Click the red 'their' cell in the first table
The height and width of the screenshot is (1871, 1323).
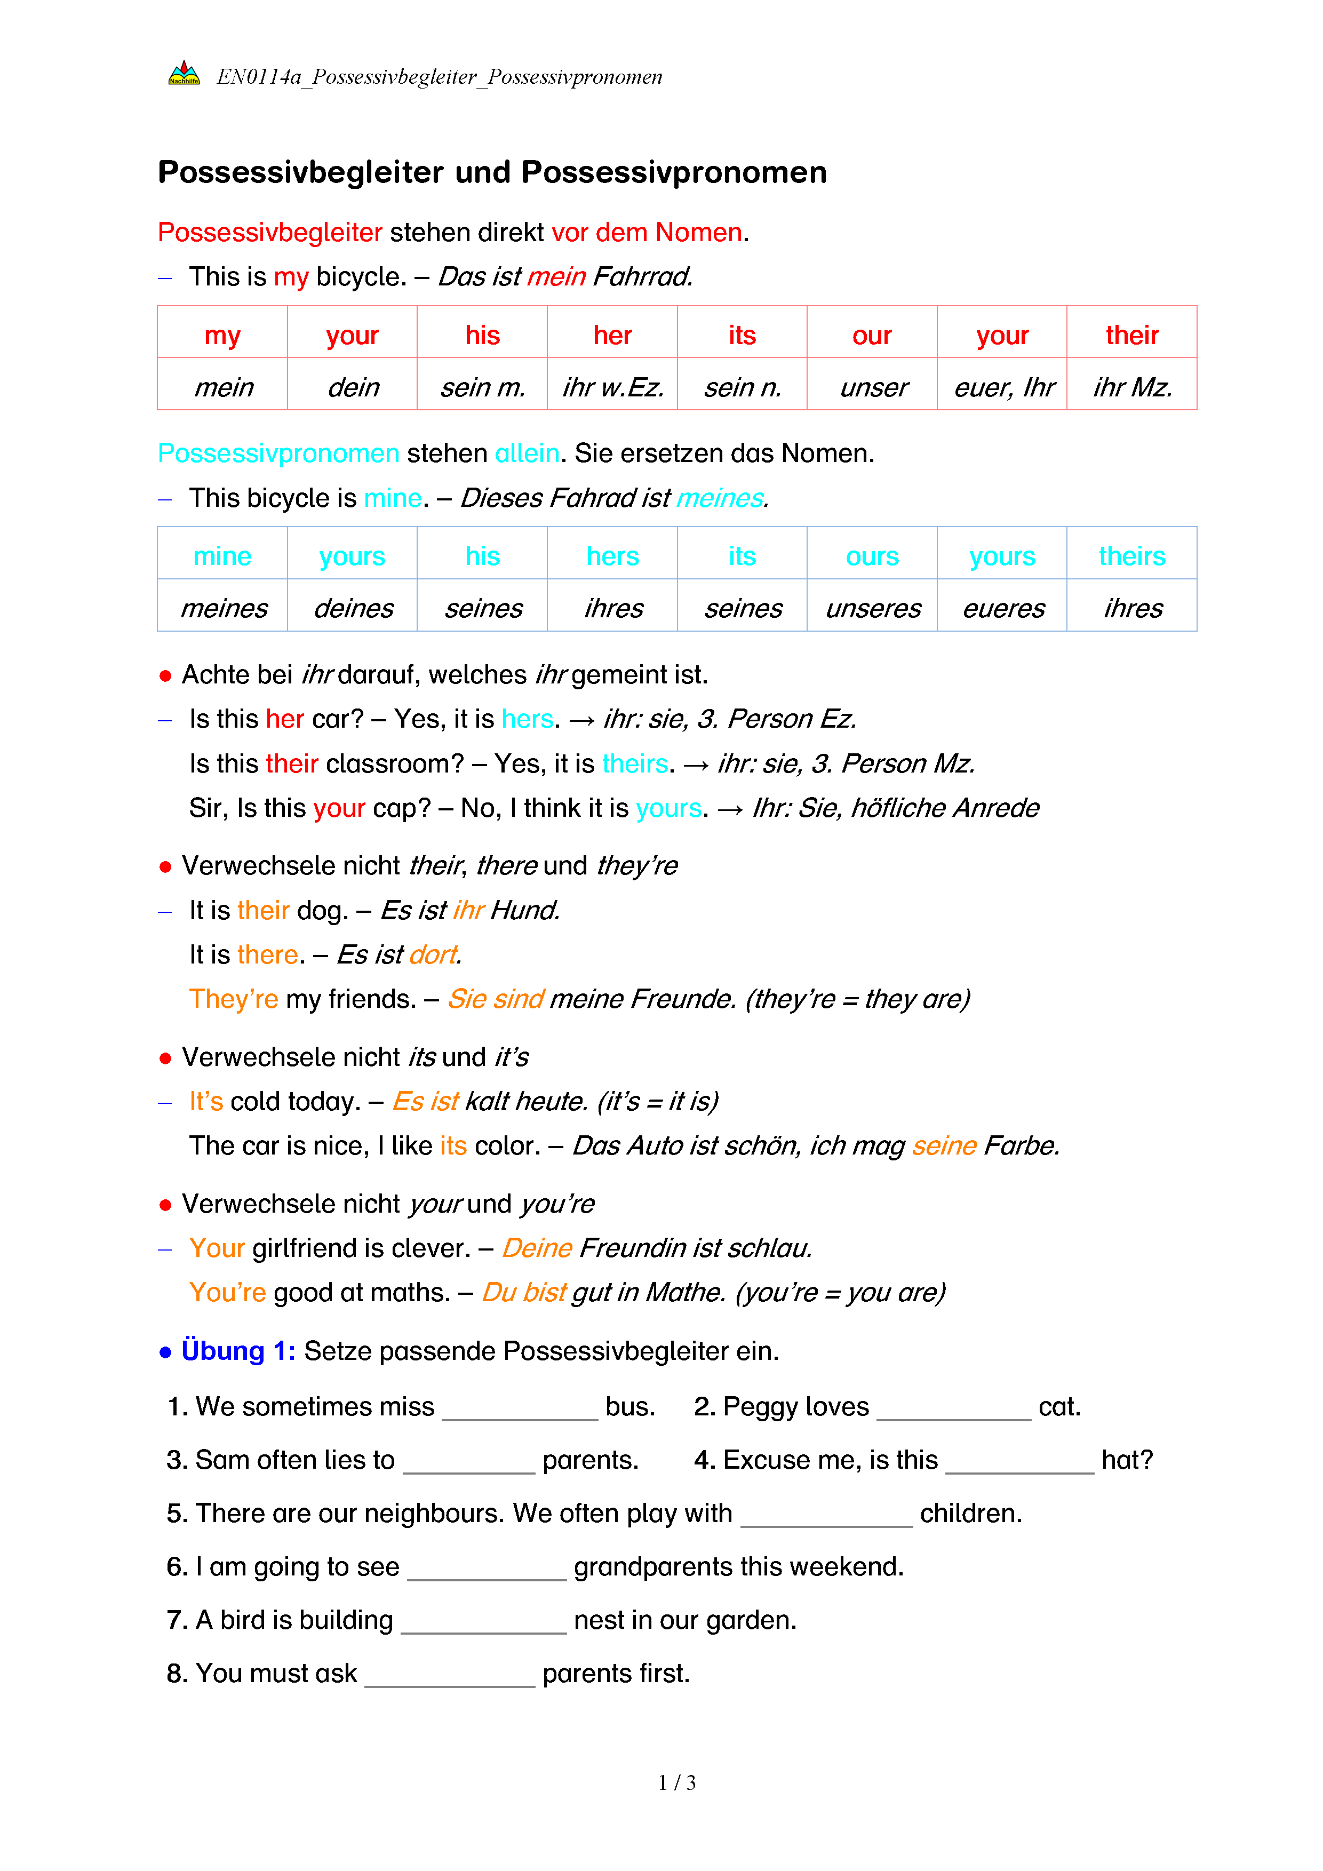click(x=1131, y=335)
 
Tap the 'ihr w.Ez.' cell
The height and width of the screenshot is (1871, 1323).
click(x=612, y=387)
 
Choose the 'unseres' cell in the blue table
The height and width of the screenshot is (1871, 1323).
click(x=873, y=608)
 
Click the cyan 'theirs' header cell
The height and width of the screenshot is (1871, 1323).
click(x=1131, y=556)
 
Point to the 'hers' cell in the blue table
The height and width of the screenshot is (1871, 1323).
click(x=612, y=556)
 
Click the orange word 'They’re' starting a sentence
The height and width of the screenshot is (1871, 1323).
click(x=234, y=999)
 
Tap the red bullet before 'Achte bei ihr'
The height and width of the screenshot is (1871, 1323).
click(x=165, y=675)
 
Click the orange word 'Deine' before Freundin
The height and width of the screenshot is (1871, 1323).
click(x=537, y=1248)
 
